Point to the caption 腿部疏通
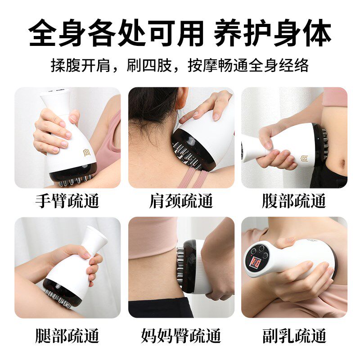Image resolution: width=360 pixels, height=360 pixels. [x=67, y=336]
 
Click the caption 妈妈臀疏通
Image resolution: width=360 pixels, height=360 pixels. [x=181, y=336]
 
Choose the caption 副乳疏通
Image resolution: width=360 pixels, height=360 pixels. [x=294, y=336]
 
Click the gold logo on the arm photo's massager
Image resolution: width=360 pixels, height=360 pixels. [x=86, y=153]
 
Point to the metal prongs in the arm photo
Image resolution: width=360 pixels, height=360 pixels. [x=76, y=181]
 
